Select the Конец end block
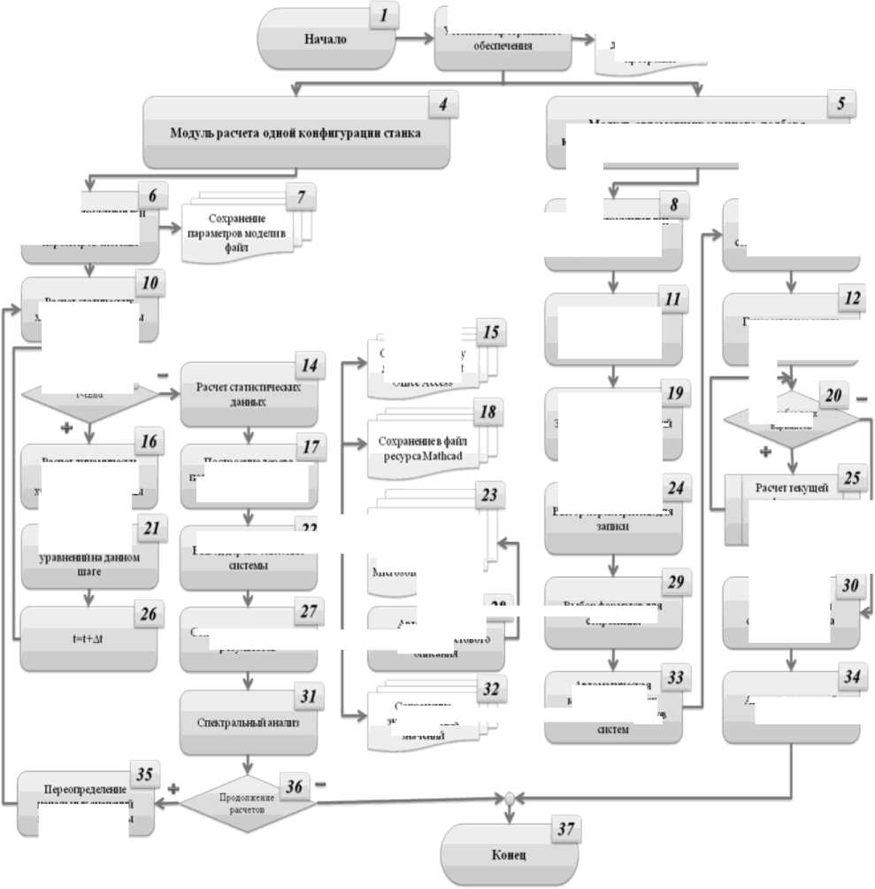pos(509,856)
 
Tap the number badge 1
pos(383,16)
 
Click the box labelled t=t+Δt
pos(88,638)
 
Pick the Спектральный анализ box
pos(249,723)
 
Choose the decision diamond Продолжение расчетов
pos(249,802)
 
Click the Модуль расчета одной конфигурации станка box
pos(295,134)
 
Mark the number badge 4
pos(441,104)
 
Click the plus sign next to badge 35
pos(173,788)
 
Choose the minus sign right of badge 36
pos(319,784)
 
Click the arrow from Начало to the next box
pos(411,39)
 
